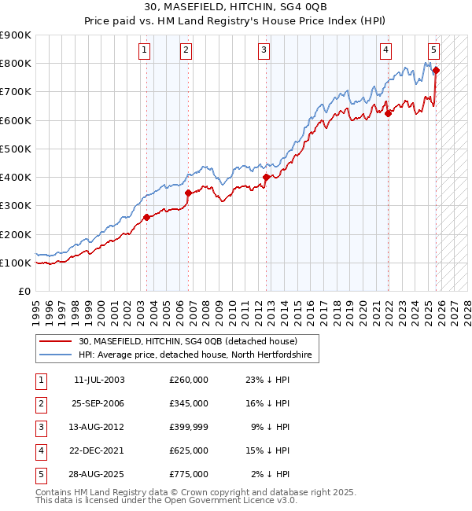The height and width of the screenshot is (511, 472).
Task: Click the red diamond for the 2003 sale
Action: click(x=146, y=217)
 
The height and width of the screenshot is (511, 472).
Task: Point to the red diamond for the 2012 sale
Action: click(x=266, y=178)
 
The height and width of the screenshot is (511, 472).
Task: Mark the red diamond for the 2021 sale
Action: click(x=388, y=113)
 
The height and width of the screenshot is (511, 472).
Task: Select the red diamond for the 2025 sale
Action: click(x=436, y=70)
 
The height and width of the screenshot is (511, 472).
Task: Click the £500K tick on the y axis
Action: click(x=16, y=149)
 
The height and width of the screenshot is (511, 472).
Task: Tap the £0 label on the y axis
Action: click(x=24, y=291)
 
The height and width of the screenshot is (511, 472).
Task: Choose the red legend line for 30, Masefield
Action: click(x=56, y=341)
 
